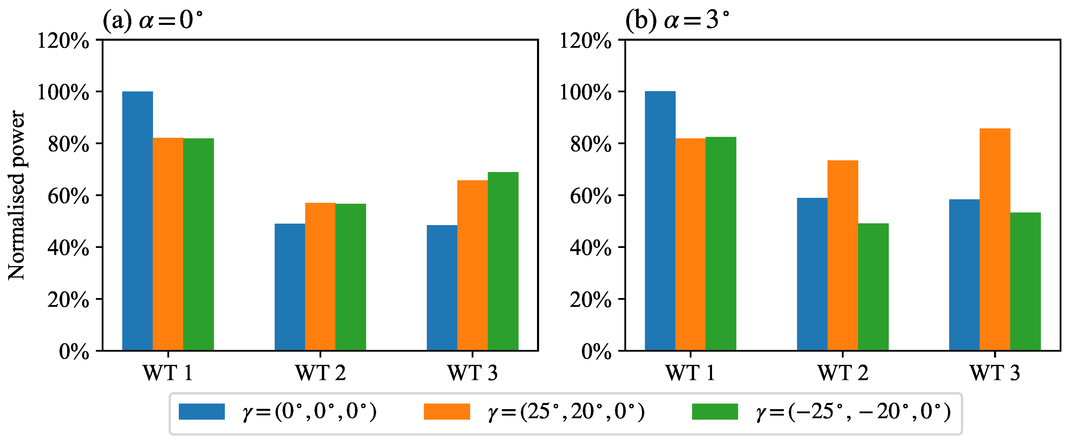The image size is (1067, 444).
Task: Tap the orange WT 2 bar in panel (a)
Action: click(x=320, y=276)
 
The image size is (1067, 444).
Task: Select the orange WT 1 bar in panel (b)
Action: click(x=691, y=244)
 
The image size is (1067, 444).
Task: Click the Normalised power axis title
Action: click(x=17, y=195)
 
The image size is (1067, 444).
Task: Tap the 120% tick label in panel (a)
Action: click(x=63, y=41)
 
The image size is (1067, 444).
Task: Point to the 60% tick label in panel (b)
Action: click(x=590, y=196)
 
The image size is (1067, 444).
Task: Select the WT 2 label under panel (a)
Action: click(x=320, y=373)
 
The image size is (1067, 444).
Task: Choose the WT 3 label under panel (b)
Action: click(x=995, y=373)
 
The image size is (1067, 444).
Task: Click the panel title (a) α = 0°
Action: click(x=153, y=20)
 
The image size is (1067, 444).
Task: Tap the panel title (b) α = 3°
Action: click(x=677, y=20)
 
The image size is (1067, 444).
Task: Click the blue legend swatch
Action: click(x=202, y=412)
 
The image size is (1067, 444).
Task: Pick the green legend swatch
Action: click(x=715, y=412)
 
